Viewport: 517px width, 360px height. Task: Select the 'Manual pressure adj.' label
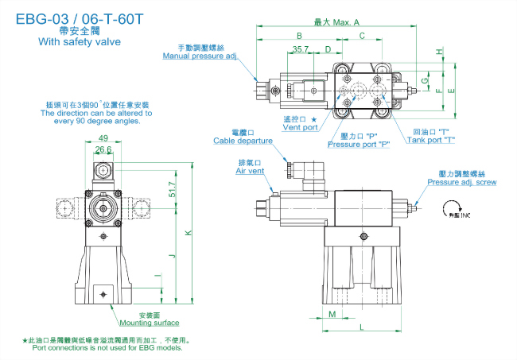coord(200,57)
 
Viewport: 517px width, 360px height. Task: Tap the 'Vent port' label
coord(300,127)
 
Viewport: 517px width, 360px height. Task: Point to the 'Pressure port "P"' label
coord(358,145)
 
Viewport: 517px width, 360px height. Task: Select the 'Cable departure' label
coord(243,141)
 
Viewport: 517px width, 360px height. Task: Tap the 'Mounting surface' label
coord(149,323)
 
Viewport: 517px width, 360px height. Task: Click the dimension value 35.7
coord(300,48)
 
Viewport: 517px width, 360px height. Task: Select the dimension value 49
coord(103,137)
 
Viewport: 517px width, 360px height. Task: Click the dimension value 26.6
coord(103,149)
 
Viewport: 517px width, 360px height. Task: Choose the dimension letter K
coord(187,233)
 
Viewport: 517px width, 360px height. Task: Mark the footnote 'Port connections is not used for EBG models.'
coord(107,347)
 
